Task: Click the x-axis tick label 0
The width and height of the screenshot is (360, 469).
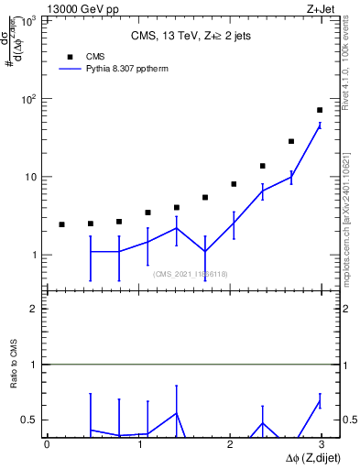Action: pyautogui.click(x=47, y=444)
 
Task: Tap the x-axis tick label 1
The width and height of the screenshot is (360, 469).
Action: pyautogui.click(x=140, y=444)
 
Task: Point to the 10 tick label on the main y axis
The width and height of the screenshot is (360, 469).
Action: pyautogui.click(x=31, y=177)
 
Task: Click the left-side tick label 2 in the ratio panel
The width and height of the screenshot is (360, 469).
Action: pyautogui.click(x=35, y=309)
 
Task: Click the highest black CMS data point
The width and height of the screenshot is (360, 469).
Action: pyautogui.click(x=320, y=110)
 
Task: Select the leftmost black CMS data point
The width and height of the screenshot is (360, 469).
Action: pyautogui.click(x=61, y=224)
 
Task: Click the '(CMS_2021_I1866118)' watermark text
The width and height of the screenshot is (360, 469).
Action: pyautogui.click(x=190, y=274)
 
